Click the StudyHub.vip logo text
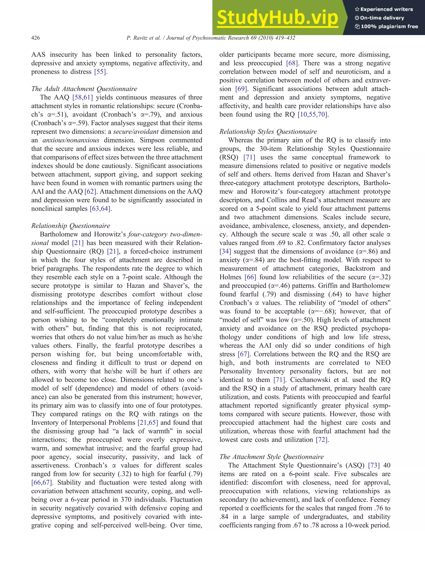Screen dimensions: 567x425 tap(277, 17)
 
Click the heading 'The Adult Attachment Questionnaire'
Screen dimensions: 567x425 tap(84, 89)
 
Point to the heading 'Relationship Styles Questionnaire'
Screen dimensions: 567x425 tap(268, 132)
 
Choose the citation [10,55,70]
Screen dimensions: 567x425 tap(313, 115)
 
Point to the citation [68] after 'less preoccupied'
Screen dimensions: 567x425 tap(292, 63)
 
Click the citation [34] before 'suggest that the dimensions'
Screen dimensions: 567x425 tap(225, 251)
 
